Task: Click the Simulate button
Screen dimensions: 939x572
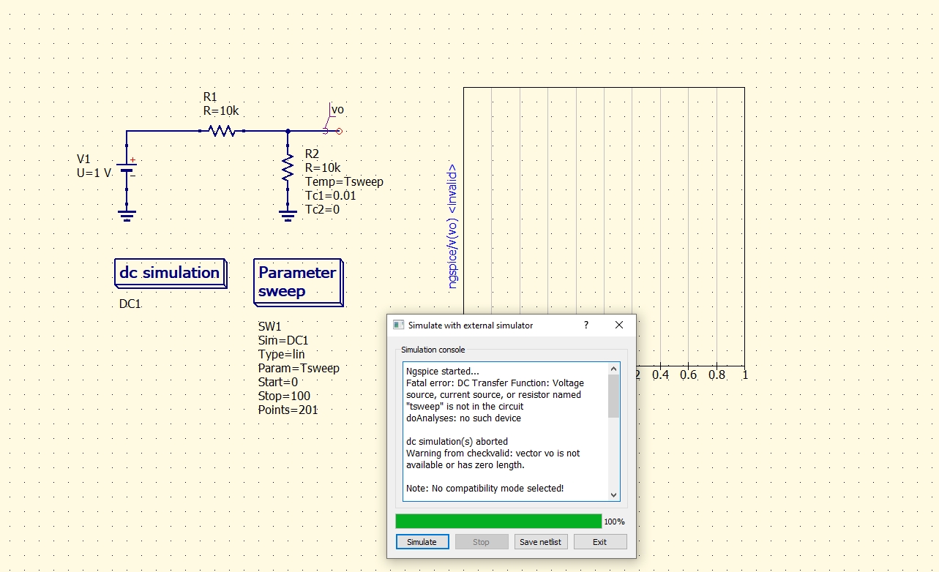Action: click(422, 542)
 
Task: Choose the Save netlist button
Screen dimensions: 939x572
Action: click(541, 542)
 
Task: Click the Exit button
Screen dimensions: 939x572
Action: click(600, 542)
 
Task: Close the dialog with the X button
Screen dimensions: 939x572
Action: click(619, 325)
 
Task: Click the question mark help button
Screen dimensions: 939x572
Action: click(586, 325)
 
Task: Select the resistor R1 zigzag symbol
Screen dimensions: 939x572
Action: click(221, 131)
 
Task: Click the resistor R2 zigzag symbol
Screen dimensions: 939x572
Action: click(288, 169)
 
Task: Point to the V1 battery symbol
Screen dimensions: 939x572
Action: click(127, 173)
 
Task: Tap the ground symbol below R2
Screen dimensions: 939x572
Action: click(288, 215)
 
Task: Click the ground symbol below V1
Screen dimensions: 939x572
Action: click(127, 215)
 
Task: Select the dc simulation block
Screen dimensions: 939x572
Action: click(170, 274)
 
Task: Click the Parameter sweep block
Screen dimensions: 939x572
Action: click(297, 282)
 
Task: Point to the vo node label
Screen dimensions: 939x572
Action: click(337, 110)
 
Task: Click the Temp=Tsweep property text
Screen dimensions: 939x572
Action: click(344, 182)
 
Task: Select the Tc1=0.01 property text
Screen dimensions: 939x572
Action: click(332, 196)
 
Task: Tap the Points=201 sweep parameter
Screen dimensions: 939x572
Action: click(288, 410)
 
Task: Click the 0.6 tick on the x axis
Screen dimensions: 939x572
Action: click(689, 375)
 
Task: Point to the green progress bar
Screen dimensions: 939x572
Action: click(498, 522)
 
